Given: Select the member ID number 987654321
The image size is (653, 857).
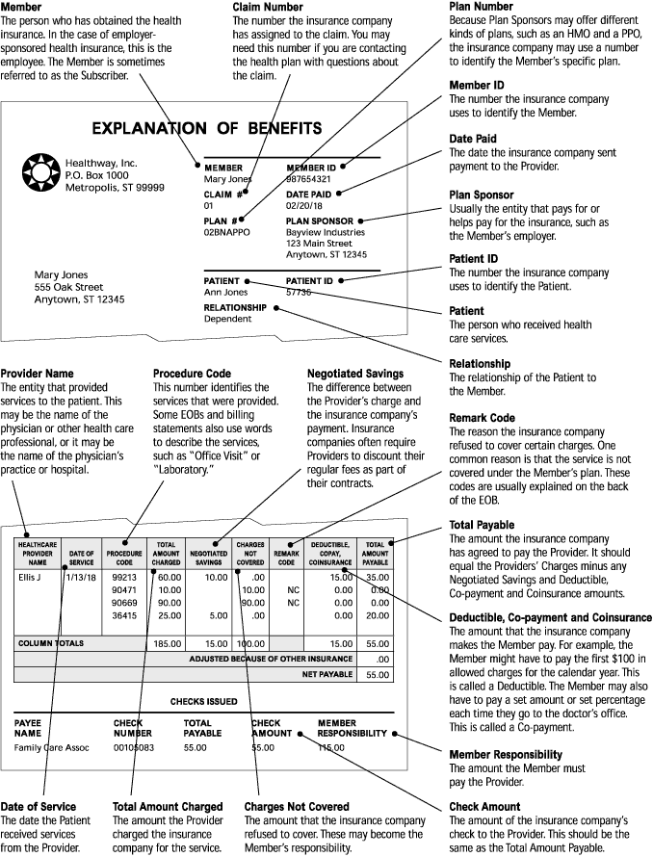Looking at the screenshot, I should tap(308, 179).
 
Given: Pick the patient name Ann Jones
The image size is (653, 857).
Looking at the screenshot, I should tap(225, 292).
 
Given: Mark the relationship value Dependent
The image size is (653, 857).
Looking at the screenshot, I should tap(228, 319).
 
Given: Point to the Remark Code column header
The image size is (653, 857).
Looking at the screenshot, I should tap(286, 556).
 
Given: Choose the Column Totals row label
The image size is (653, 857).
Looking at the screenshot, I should tap(51, 641).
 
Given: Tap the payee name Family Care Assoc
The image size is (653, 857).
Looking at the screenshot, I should tap(52, 746).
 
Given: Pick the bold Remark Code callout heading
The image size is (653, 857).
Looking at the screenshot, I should tap(482, 419).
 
